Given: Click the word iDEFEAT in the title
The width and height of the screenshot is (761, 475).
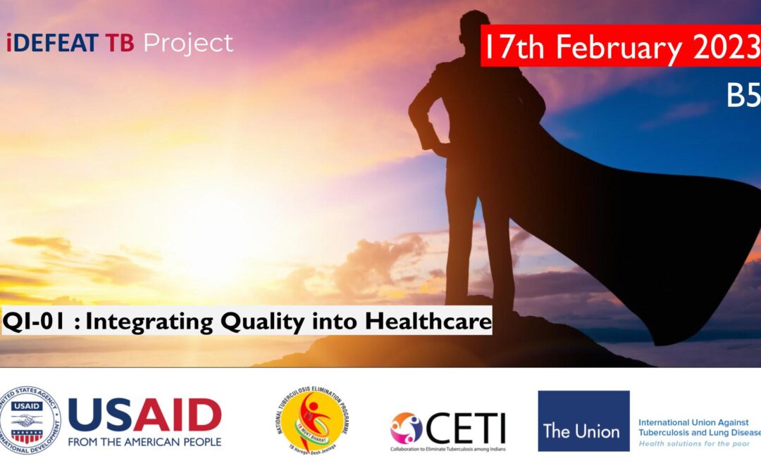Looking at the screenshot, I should coord(51,44).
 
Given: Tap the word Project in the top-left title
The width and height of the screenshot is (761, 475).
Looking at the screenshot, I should coord(188,44).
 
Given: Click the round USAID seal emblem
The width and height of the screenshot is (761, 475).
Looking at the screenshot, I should coord(30,421).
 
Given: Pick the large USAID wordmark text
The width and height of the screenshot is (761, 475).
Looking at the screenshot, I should coord(144,415).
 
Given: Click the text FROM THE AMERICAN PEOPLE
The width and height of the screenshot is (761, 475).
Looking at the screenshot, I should coord(144,442).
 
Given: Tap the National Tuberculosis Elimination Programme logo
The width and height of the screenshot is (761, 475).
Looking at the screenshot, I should coord(313,421).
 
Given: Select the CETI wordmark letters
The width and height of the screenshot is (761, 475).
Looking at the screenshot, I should coord(466,426).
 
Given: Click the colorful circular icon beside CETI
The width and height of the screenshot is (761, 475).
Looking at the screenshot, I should coord(407,427).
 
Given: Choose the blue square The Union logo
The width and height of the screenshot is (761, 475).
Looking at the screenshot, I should coord(583,421).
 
